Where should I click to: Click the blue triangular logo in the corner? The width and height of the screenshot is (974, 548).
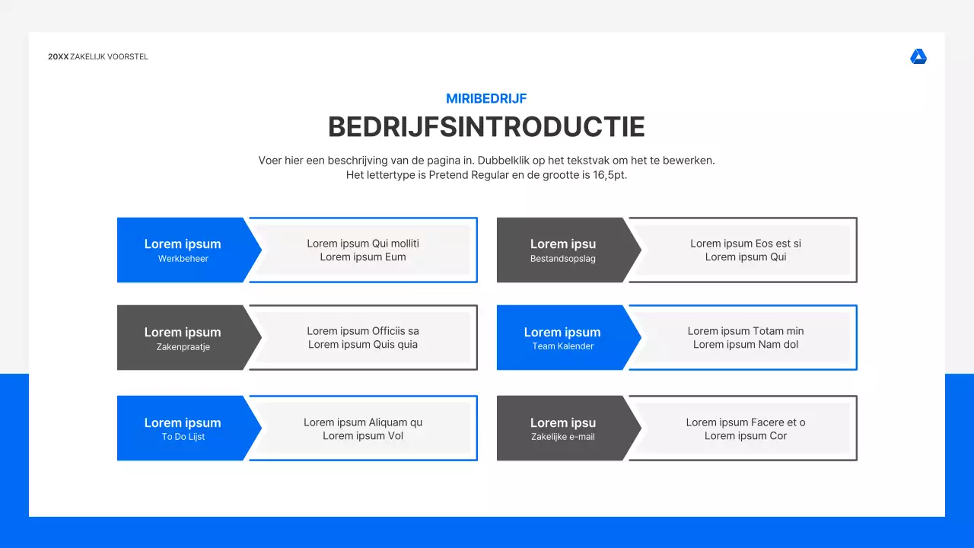[918, 57]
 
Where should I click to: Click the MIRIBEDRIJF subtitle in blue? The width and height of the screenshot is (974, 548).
[486, 98]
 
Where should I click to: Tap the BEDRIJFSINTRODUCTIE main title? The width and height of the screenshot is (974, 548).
[486, 127]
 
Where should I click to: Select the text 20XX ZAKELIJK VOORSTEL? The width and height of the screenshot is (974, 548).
[98, 57]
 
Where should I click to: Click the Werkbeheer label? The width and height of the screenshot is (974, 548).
[183, 259]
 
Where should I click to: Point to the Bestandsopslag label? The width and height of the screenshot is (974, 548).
[562, 259]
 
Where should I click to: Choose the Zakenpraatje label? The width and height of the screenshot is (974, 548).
[183, 347]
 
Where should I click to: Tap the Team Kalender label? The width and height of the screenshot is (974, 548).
[562, 346]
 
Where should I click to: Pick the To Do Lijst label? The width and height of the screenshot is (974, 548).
[183, 437]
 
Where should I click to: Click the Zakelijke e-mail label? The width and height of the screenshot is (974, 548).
[562, 437]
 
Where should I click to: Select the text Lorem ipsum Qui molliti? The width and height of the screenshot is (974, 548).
[363, 244]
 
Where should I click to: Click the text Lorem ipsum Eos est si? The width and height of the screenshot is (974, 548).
[746, 244]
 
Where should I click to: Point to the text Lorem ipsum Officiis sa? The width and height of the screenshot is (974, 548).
[363, 331]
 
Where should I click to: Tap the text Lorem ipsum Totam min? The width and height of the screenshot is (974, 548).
[746, 331]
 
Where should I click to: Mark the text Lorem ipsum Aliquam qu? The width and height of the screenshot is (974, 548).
[363, 422]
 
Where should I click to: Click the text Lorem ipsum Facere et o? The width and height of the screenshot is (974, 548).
[746, 422]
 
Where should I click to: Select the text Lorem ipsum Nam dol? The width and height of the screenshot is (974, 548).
[746, 345]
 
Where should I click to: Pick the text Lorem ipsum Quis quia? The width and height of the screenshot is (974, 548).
[363, 345]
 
